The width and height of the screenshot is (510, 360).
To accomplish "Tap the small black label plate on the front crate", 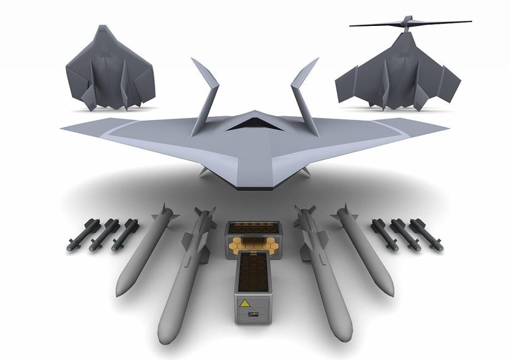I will tap(255, 313).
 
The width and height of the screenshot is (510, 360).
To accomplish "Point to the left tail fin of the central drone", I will tap(206, 95).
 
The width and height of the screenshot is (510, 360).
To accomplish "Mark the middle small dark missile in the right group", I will tap(407, 236).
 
